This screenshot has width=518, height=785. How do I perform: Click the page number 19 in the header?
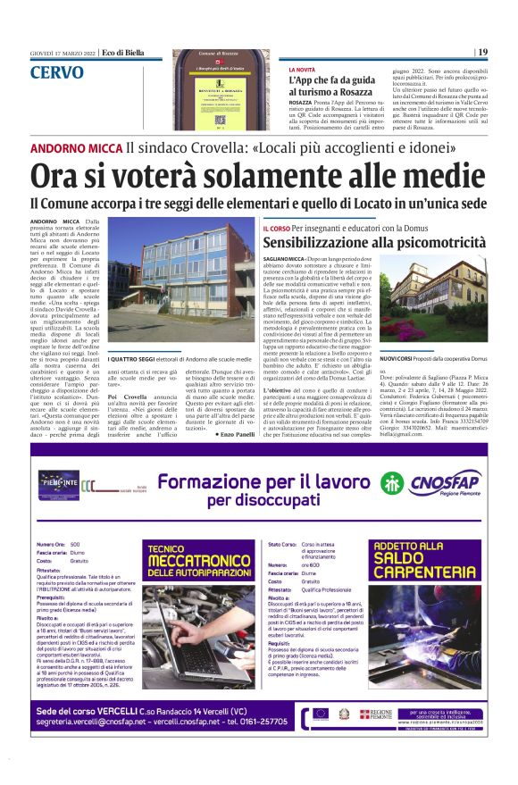pyautogui.click(x=483, y=53)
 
